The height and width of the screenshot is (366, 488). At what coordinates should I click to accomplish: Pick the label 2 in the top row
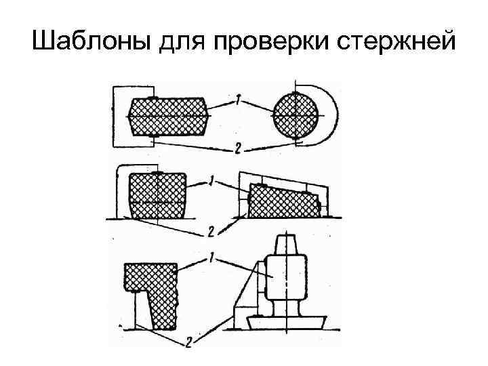point(237,148)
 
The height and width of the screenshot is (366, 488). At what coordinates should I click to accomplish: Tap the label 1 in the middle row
point(214,181)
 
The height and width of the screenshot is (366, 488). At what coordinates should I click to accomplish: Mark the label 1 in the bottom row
point(213,258)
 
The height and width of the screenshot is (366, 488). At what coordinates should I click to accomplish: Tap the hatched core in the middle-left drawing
point(157,196)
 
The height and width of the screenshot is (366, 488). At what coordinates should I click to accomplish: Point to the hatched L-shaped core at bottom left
point(155,291)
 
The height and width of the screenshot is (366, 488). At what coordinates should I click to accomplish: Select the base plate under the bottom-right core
point(288,322)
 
